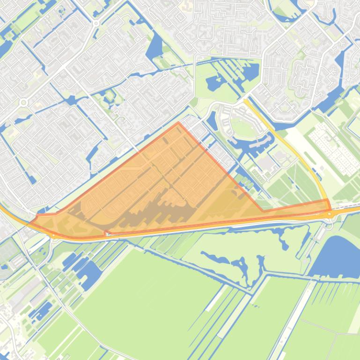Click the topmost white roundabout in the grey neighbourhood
[96, 23]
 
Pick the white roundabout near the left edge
[23, 102]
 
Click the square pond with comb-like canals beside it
[251, 72]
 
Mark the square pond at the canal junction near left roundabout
[71, 100]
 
